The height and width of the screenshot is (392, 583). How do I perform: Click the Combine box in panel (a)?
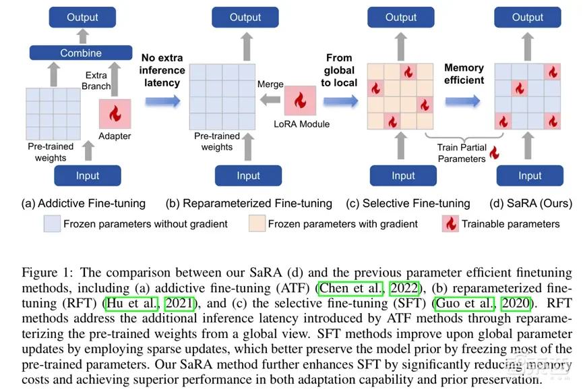coord(81,53)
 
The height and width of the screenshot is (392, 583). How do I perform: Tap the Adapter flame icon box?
coord(115,114)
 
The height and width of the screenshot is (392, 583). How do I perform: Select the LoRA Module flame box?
coord(300,101)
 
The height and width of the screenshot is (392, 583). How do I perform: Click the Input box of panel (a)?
coord(88,175)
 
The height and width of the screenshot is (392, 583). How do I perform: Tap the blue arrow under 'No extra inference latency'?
coord(162,101)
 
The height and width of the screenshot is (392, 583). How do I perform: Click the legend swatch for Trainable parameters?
coord(450,223)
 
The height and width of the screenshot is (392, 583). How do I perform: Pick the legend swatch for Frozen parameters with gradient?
coord(255,223)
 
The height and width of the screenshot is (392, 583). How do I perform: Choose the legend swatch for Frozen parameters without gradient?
coord(52,223)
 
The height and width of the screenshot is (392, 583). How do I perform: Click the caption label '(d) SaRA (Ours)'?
coord(530,203)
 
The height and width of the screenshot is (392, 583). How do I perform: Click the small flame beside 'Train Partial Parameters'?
coord(495,153)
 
